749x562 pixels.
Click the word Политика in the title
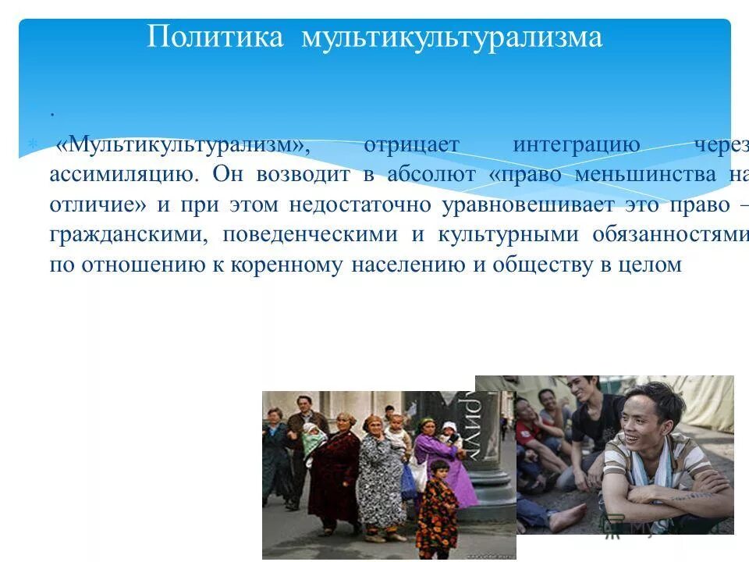(215, 37)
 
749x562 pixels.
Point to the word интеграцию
(577, 146)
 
